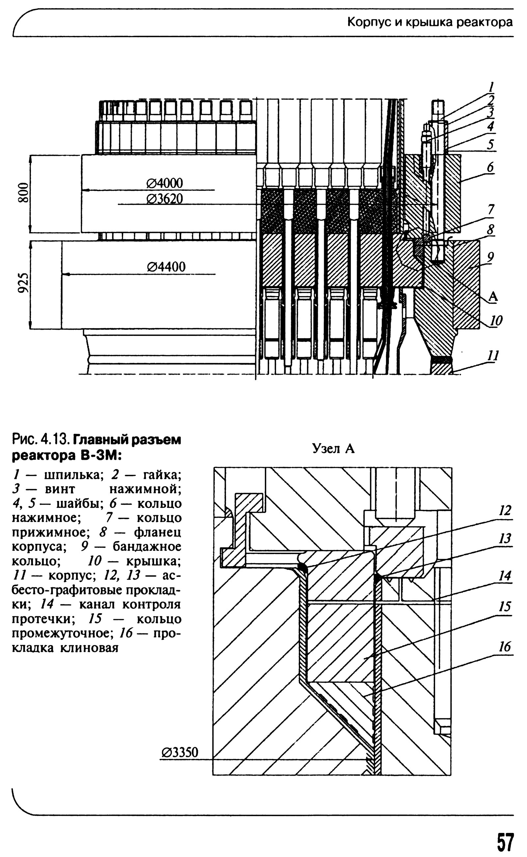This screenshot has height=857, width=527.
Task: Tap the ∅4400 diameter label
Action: (166, 267)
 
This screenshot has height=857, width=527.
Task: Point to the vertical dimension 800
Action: (23, 192)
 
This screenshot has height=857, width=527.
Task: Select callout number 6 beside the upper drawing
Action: (490, 168)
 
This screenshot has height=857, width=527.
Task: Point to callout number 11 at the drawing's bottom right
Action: (493, 356)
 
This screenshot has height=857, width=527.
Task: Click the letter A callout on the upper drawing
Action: (493, 296)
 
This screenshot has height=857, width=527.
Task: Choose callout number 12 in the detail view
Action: (505, 511)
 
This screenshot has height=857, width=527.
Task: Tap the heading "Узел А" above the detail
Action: (333, 449)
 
